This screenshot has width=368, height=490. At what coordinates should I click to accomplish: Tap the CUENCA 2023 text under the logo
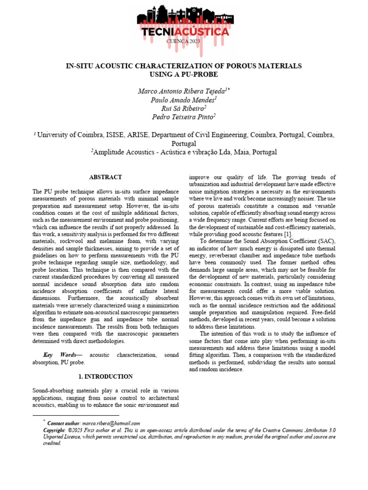click(184, 42)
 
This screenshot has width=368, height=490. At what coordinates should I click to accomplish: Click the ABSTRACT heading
click(105, 177)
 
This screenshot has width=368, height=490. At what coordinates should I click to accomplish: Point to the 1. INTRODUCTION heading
click(105, 377)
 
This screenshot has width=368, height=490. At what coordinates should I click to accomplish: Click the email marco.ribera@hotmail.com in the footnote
click(111, 423)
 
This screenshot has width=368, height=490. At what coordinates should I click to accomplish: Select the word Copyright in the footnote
click(54, 430)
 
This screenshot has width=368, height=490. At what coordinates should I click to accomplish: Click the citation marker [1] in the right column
click(287, 234)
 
